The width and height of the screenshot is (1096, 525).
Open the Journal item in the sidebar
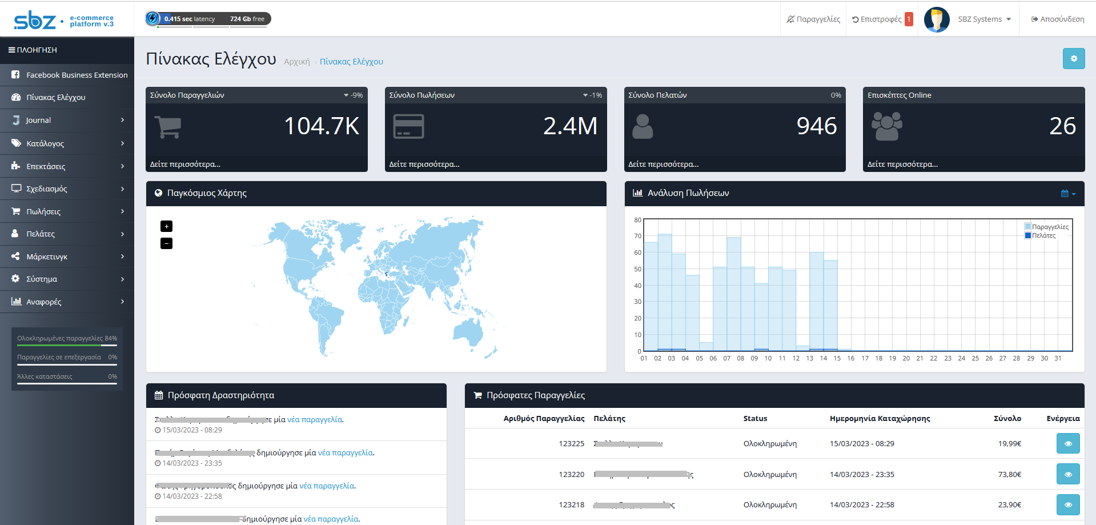point(38,120)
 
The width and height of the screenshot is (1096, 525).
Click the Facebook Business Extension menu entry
point(77,75)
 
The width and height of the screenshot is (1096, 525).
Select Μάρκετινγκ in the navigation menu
point(47,257)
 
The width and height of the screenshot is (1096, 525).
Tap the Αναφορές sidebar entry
point(43,302)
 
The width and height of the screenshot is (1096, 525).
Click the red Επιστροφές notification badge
point(909,19)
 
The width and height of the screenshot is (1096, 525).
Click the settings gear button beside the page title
point(1073,58)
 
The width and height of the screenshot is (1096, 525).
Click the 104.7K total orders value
point(322,126)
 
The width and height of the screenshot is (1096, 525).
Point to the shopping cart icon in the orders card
point(168,126)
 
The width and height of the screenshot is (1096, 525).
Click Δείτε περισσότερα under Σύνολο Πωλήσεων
point(424,164)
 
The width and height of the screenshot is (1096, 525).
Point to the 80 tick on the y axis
point(637,220)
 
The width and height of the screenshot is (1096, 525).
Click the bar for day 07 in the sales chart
point(733,294)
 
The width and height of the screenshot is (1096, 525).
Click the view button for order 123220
point(1067,474)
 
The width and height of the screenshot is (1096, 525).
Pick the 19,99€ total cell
point(1009,443)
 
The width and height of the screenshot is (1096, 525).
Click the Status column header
point(755,418)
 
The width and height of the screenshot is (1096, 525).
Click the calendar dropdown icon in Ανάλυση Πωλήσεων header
point(1067,194)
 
